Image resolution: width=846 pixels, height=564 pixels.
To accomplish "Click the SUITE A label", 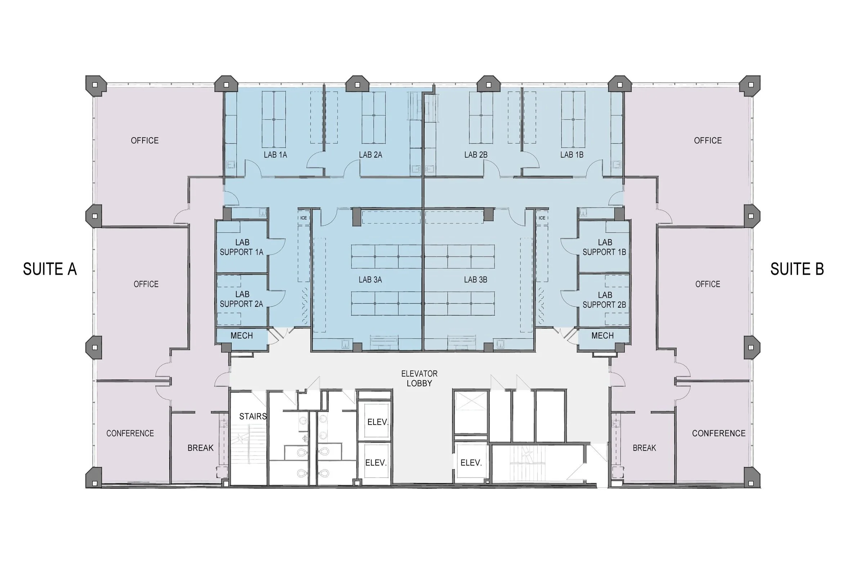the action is [50, 269].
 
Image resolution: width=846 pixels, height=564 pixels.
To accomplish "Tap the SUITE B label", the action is [797, 269].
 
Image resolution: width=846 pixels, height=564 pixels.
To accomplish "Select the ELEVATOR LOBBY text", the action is [419, 379].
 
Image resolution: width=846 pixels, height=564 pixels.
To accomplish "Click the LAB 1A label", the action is [275, 155].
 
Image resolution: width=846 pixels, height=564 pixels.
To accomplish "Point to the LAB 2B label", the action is [476, 155].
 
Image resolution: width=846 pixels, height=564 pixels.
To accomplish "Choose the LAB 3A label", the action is [370, 279].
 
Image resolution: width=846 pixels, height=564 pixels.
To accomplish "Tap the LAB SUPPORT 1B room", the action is [604, 247].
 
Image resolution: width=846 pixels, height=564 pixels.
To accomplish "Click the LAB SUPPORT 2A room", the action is [241, 299].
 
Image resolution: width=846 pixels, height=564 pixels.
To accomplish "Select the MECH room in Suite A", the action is [242, 336].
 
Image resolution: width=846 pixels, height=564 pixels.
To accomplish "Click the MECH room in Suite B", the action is [603, 336].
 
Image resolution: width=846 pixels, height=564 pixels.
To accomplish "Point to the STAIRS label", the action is [253, 416].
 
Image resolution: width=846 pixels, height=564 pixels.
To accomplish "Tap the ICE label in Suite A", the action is [304, 218].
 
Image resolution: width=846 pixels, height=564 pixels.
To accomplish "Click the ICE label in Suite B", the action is [542, 218].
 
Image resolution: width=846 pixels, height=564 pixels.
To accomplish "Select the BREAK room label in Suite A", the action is [201, 448].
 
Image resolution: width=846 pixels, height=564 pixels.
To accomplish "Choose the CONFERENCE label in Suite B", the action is [719, 433].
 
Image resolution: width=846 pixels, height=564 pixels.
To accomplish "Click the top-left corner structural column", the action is [95, 86].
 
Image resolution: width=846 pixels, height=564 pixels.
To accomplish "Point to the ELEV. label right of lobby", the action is [471, 462].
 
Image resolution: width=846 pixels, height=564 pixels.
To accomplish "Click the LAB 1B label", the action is [572, 155].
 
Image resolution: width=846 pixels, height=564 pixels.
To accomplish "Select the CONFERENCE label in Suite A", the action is [130, 433].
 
